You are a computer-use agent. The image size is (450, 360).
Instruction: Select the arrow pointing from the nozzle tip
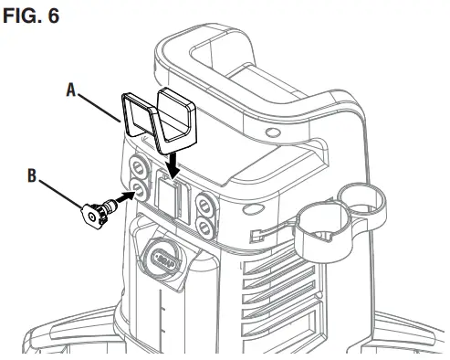pyautogui.click(x=121, y=198)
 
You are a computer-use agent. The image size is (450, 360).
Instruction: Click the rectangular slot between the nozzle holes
pyautogui.click(x=169, y=198)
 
